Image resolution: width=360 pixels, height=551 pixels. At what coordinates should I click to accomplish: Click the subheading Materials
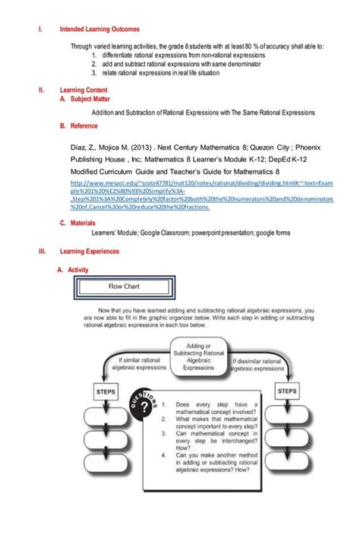click(82, 223)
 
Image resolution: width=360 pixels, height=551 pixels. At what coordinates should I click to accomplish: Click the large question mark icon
click(145, 410)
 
